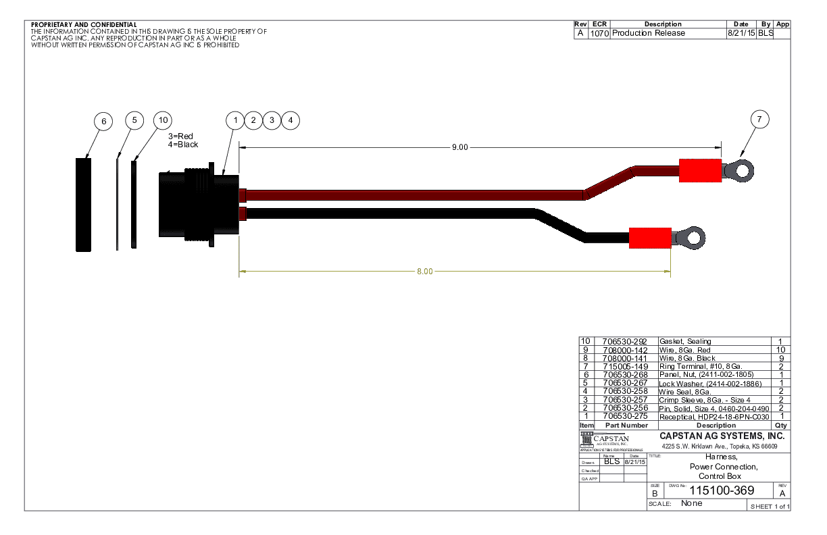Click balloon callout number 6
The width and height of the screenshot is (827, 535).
click(103, 122)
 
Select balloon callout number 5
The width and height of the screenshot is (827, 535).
click(134, 120)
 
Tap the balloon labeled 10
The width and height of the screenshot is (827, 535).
click(162, 120)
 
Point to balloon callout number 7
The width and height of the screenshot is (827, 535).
click(759, 120)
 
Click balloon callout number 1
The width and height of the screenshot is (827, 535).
click(234, 120)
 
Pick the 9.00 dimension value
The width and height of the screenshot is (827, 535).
click(459, 147)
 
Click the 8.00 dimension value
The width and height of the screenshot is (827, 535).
click(424, 272)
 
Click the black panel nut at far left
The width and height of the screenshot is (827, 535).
click(83, 205)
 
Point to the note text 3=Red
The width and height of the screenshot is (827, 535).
click(180, 136)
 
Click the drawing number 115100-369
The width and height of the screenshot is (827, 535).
click(722, 491)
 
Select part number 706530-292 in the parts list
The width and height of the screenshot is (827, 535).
click(624, 342)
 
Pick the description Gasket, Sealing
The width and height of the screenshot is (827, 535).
click(685, 342)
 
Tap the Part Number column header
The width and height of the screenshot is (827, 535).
click(626, 426)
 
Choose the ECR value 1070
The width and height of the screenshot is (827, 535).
click(599, 33)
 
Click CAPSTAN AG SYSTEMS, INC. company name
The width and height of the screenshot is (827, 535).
click(722, 436)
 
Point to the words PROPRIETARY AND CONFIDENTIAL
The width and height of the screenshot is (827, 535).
click(84, 25)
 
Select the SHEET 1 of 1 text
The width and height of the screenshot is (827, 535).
click(770, 507)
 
